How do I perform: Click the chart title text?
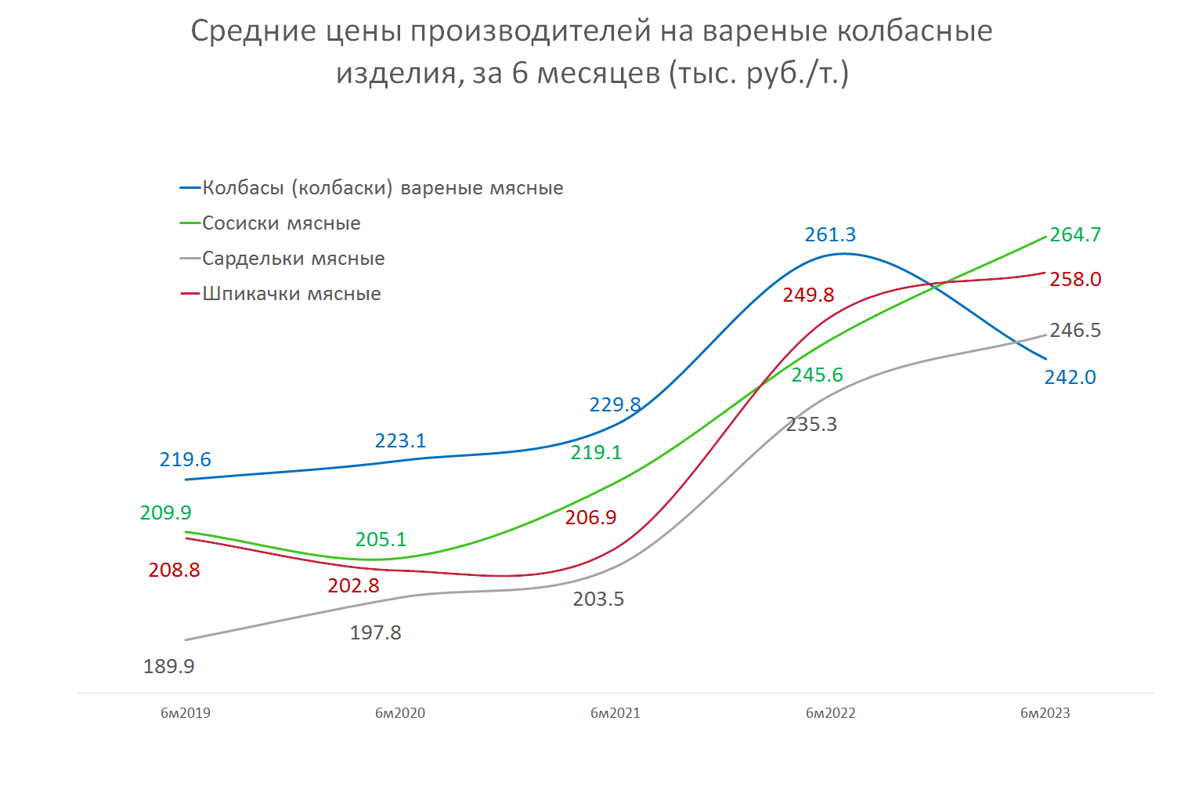(x=591, y=52)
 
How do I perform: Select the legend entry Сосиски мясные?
(x=281, y=223)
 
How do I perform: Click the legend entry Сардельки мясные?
(x=293, y=259)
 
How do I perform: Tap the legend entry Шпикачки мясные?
(x=291, y=294)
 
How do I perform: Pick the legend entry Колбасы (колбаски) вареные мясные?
(x=382, y=188)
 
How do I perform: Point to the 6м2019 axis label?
(x=186, y=713)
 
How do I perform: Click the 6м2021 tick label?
(x=615, y=713)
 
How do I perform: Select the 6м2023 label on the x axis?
(x=1045, y=713)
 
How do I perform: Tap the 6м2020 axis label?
(x=400, y=713)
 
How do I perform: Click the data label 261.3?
(x=830, y=234)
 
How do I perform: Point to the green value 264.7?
(x=1075, y=234)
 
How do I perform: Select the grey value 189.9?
(x=168, y=666)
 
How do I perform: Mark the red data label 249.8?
(x=808, y=295)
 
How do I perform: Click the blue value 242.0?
(x=1070, y=377)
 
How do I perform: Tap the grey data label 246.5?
(x=1075, y=330)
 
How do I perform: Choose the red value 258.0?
(x=1075, y=279)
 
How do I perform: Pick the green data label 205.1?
(x=381, y=539)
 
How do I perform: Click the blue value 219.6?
(x=185, y=459)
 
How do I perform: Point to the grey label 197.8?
(x=375, y=632)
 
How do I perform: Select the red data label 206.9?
(x=590, y=517)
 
